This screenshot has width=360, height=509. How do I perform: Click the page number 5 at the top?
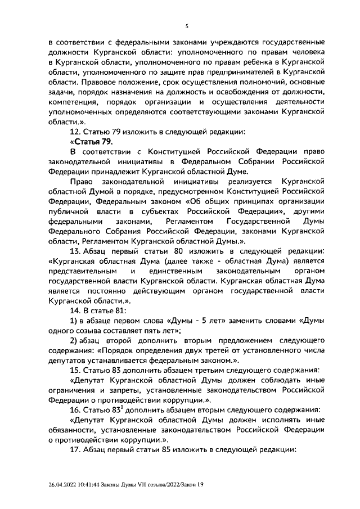187,25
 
